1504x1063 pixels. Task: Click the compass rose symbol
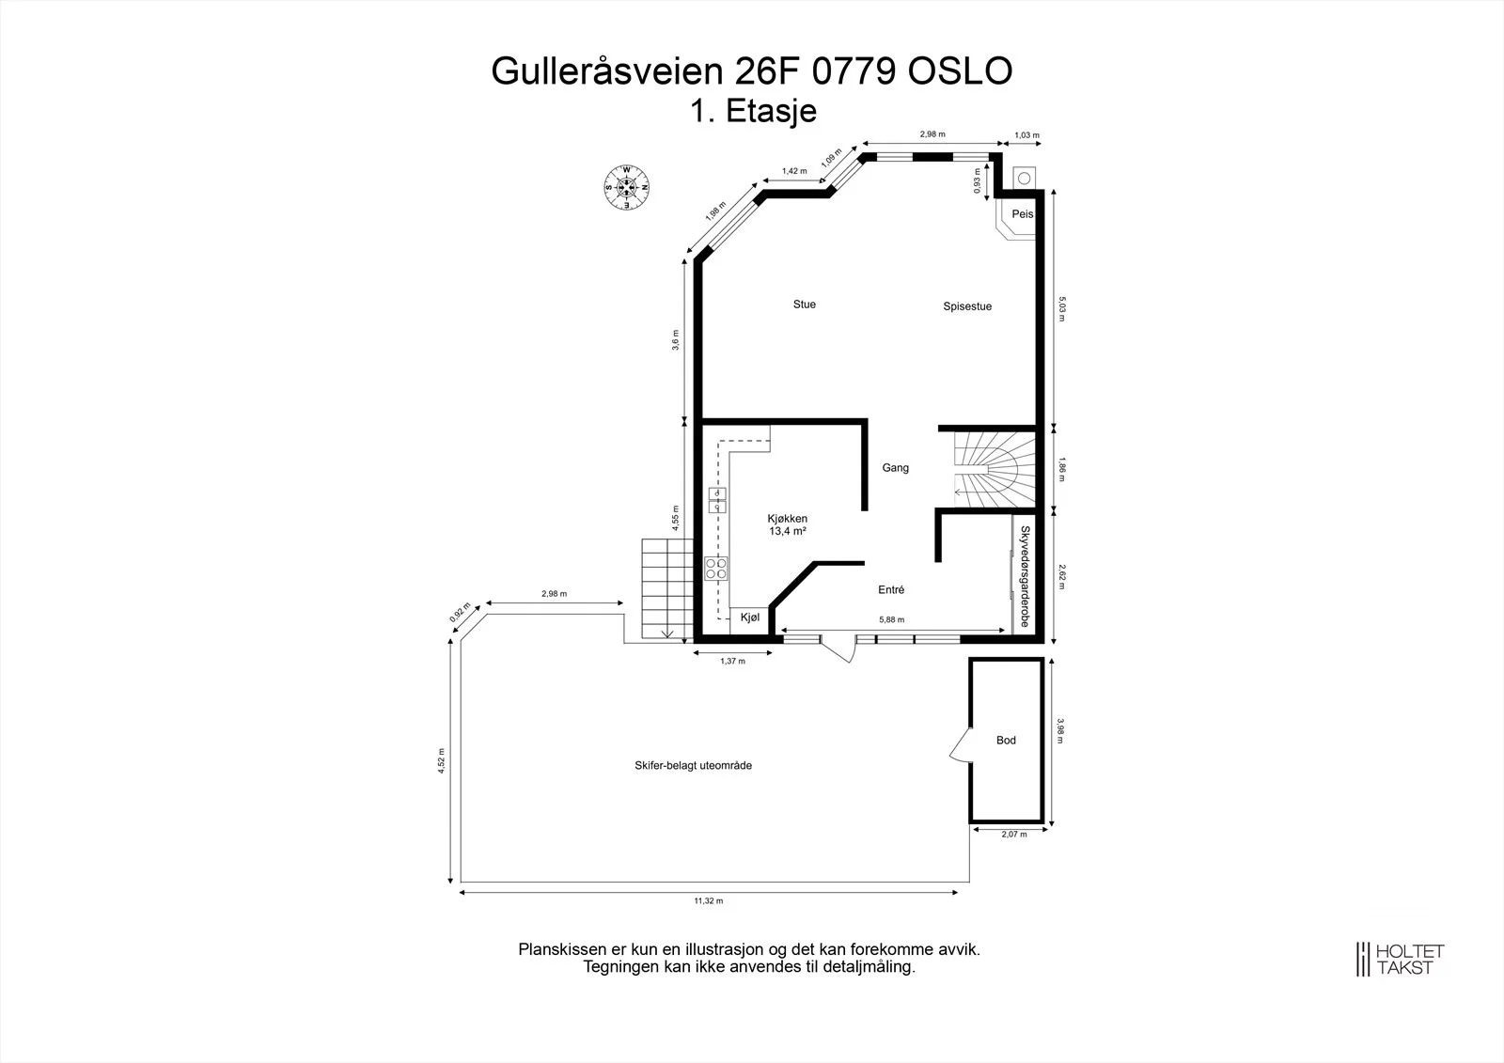(626, 187)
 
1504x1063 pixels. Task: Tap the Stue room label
(805, 305)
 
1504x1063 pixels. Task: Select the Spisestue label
(967, 306)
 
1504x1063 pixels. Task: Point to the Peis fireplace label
(1022, 214)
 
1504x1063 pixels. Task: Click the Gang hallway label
(895, 468)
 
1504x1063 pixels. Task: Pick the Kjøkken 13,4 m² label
(787, 524)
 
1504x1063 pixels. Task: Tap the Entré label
(891, 589)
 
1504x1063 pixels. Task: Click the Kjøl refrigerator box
(749, 618)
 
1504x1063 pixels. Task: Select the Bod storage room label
(1006, 740)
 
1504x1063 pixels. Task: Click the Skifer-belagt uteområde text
(693, 765)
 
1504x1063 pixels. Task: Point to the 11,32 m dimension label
(709, 901)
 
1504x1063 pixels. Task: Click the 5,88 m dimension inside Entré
(892, 619)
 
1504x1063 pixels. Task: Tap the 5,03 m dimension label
(1061, 309)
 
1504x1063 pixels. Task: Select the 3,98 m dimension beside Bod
(1060, 730)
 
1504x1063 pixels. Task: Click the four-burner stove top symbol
(715, 568)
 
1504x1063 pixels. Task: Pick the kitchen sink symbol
(717, 500)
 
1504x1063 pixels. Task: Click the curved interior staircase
(995, 469)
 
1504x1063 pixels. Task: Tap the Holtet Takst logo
(1400, 959)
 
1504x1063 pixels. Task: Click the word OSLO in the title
(960, 70)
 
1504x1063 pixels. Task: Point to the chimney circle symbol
(1024, 178)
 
